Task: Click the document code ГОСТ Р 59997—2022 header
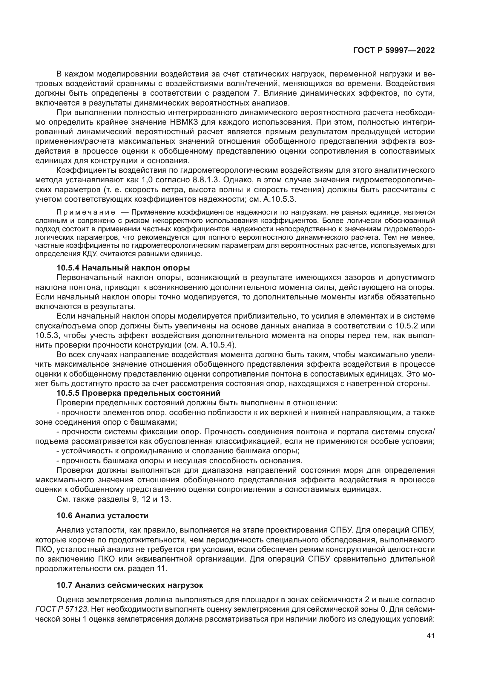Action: (x=394, y=51)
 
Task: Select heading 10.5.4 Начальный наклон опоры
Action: (x=123, y=268)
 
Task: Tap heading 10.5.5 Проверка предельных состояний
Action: (x=138, y=393)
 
